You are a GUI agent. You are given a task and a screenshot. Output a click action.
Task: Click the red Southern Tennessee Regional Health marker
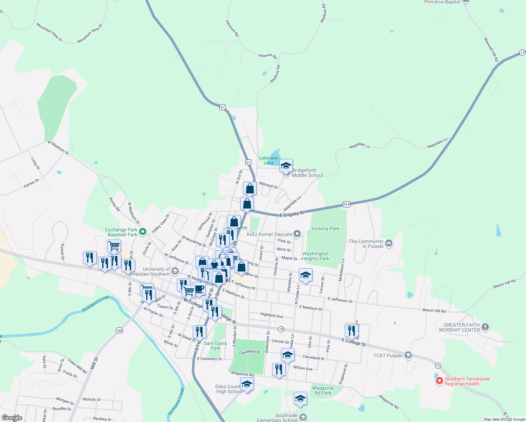click(x=439, y=381)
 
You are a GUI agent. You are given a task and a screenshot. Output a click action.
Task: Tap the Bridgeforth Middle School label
click(x=307, y=173)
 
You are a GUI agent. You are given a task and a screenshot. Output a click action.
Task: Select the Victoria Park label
click(x=325, y=229)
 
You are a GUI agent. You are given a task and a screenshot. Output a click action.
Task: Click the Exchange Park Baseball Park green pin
click(x=142, y=231)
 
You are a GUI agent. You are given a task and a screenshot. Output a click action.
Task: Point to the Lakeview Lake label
click(x=269, y=160)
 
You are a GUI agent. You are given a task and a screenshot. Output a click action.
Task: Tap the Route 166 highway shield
click(x=120, y=330)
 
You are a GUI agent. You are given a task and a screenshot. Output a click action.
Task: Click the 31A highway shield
click(x=346, y=204)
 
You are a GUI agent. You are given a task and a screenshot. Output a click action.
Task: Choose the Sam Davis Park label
click(x=215, y=346)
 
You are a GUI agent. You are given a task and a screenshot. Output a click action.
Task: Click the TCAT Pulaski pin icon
click(x=408, y=355)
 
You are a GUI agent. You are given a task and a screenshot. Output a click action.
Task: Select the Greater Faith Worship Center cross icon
click(x=485, y=327)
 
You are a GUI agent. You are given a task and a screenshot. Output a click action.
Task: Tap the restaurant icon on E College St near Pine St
click(x=351, y=331)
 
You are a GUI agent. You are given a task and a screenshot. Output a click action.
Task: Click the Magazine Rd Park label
click(x=322, y=390)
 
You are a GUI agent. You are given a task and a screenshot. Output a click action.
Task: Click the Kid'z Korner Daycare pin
click(x=297, y=234)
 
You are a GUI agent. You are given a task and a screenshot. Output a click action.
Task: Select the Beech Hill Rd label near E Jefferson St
click(x=434, y=311)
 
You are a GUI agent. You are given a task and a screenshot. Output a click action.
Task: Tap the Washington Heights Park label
click(x=315, y=256)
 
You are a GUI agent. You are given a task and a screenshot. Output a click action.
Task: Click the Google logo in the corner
click(x=12, y=417)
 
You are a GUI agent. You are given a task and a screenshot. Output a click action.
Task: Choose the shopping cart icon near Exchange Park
click(x=114, y=246)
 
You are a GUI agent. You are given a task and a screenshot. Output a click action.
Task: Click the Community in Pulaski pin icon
click(x=389, y=243)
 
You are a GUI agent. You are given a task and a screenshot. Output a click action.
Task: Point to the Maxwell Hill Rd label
click(x=491, y=50)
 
